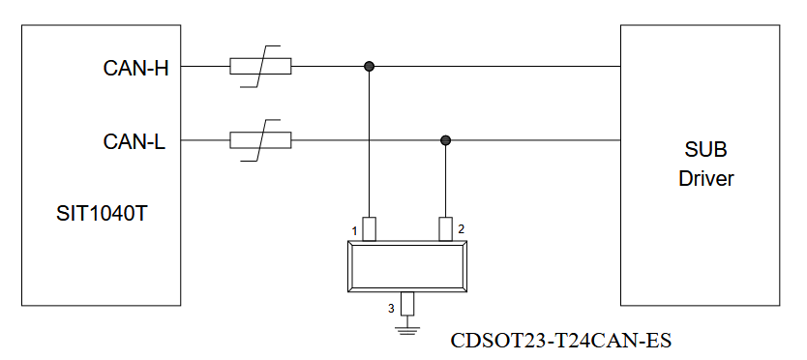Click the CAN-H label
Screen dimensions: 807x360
tap(135, 68)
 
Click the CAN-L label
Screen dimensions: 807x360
tap(134, 141)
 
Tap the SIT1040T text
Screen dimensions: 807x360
tap(102, 213)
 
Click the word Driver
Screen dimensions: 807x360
tap(705, 178)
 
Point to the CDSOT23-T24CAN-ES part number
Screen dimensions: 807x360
tap(561, 341)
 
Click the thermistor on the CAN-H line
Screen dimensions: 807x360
tap(260, 67)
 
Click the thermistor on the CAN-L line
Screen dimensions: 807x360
tap(260, 140)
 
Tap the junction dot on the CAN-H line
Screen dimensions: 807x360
tap(369, 67)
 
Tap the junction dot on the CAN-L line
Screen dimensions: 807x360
tap(446, 140)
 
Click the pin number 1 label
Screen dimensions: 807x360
tap(354, 231)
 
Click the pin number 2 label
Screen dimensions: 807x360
tap(462, 229)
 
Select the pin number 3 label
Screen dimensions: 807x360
tap(391, 309)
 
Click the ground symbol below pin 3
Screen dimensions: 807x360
tap(407, 330)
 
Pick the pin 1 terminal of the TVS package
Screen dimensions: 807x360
tap(369, 229)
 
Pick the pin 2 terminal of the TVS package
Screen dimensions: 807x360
tap(446, 229)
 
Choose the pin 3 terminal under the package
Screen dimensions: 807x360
tap(407, 304)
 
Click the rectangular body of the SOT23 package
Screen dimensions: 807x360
tap(407, 267)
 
